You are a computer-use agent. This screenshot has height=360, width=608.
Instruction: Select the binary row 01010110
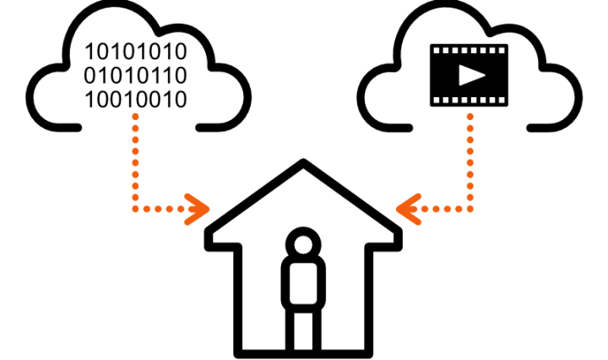pos(135,76)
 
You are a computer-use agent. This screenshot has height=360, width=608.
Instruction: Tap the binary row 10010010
pos(135,99)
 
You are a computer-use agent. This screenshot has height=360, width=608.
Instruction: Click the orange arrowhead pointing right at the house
pos(201,206)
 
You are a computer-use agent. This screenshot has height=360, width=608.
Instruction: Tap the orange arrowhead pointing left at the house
pos(407,206)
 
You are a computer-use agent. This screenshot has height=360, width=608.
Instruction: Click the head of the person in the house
pos(301,245)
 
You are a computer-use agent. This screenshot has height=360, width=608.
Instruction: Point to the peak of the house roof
pos(304,162)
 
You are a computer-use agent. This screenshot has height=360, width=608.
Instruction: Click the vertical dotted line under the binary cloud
pos(135,161)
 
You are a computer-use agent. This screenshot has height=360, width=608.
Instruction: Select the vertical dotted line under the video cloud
pos(470,161)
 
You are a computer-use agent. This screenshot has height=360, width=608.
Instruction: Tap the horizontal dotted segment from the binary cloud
pos(165,206)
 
